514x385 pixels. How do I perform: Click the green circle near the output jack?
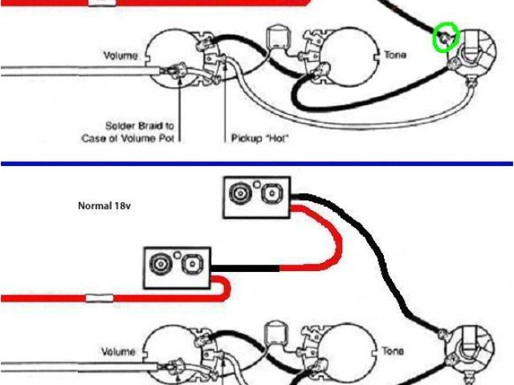click(445, 36)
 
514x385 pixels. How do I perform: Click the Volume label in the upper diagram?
click(121, 56)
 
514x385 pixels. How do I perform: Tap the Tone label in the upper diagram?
click(395, 55)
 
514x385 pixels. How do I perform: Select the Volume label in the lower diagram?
click(119, 351)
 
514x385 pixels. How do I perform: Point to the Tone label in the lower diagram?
click(394, 351)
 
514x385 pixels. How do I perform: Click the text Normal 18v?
click(104, 205)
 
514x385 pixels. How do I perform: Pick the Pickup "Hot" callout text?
click(259, 138)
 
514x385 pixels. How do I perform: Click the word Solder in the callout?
click(120, 126)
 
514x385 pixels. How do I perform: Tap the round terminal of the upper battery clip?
click(239, 193)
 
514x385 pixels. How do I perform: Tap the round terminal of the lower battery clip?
click(158, 263)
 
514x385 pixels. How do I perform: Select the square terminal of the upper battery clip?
click(271, 193)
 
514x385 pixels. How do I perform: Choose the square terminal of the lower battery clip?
click(191, 263)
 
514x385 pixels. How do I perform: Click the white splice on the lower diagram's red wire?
click(100, 298)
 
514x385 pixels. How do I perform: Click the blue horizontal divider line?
click(257, 164)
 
